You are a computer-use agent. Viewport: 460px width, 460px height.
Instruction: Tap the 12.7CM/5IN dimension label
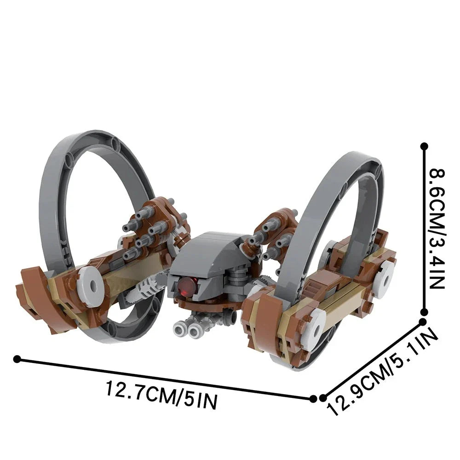click(x=161, y=394)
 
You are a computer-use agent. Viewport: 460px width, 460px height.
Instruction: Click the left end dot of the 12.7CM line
click(x=17, y=359)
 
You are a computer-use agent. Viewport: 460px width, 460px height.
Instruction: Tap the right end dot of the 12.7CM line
click(x=313, y=399)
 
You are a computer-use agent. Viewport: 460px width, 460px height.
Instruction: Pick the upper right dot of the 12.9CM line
click(x=422, y=322)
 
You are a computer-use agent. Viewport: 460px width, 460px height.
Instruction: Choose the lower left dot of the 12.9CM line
click(x=323, y=398)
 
